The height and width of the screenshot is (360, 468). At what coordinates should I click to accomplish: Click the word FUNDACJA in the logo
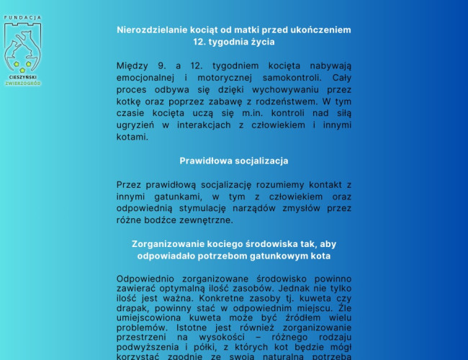[x=23, y=17]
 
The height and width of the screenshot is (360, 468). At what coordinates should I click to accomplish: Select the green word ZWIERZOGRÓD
[x=23, y=83]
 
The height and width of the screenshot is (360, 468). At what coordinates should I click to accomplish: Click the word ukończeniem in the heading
[x=323, y=30]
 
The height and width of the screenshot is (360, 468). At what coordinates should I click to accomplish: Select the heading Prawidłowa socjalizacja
[x=234, y=161]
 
